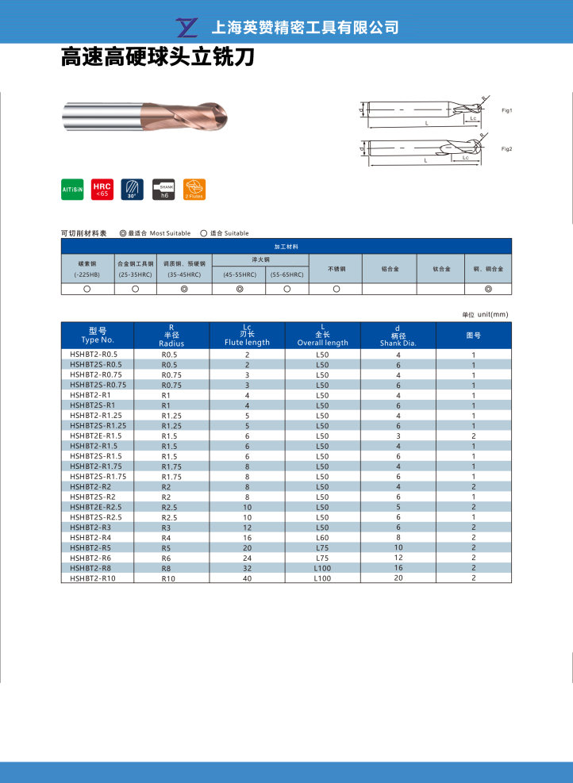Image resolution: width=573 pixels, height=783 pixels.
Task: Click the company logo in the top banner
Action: coord(189,28)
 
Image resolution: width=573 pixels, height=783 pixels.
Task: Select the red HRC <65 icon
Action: coord(102,189)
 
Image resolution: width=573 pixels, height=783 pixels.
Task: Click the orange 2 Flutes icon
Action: coord(194,189)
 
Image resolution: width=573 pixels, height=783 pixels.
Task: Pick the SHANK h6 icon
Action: coord(163,189)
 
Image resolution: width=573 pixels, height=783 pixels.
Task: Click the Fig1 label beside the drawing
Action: coord(506,110)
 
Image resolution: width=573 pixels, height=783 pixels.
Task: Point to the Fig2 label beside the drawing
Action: coord(506,149)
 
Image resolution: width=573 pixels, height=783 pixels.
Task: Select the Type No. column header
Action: coord(98,335)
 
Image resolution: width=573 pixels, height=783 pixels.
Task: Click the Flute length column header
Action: coord(247,335)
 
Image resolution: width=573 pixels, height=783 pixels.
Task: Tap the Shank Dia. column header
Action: coord(398,335)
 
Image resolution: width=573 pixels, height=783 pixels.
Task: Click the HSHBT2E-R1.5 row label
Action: coord(95,436)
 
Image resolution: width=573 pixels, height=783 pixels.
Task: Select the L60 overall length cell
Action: coord(322,538)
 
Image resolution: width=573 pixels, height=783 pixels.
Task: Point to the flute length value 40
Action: coord(247,578)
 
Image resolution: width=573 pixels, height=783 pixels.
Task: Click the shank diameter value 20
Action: coord(398,578)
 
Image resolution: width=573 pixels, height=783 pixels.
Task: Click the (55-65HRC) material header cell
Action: coord(286,274)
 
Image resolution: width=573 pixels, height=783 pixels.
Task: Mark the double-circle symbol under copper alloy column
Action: coord(487,290)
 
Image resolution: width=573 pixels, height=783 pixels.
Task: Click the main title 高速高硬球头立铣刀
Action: coord(157,59)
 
